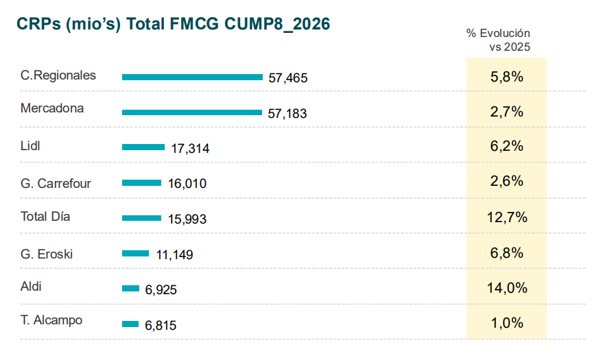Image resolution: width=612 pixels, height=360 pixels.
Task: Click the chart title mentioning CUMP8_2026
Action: [x=174, y=24]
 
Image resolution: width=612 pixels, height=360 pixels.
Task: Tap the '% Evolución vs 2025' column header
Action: [x=498, y=40]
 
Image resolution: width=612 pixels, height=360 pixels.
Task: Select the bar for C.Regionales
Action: [x=192, y=77]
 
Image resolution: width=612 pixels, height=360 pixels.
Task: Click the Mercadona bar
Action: [x=192, y=112]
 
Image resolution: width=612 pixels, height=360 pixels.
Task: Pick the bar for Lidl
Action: [x=143, y=147]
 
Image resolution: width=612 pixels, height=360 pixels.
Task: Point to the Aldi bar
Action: [x=131, y=289]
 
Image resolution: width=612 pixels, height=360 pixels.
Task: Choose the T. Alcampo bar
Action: [x=130, y=324]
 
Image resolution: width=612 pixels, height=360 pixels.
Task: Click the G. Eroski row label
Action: [x=47, y=254]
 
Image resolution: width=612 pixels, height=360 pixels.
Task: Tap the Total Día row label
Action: [x=45, y=217]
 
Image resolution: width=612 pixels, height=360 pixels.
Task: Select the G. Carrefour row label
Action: [x=56, y=183]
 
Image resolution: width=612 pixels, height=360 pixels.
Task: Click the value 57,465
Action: [x=288, y=78]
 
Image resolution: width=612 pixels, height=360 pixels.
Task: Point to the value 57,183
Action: [x=287, y=114]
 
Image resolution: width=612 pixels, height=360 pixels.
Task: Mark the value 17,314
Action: [x=190, y=148]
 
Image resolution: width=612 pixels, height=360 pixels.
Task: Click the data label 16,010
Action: [x=187, y=183]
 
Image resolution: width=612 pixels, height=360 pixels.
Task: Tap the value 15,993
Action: [x=187, y=219]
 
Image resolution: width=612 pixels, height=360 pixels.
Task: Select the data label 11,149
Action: [x=174, y=254]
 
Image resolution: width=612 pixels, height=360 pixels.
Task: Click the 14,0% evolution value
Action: [x=507, y=288]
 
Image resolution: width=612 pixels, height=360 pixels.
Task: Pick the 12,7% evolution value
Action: [x=507, y=217]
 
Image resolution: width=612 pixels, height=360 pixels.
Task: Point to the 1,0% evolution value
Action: [x=507, y=323]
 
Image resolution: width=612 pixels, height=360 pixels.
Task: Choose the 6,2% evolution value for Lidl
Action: [x=507, y=146]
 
